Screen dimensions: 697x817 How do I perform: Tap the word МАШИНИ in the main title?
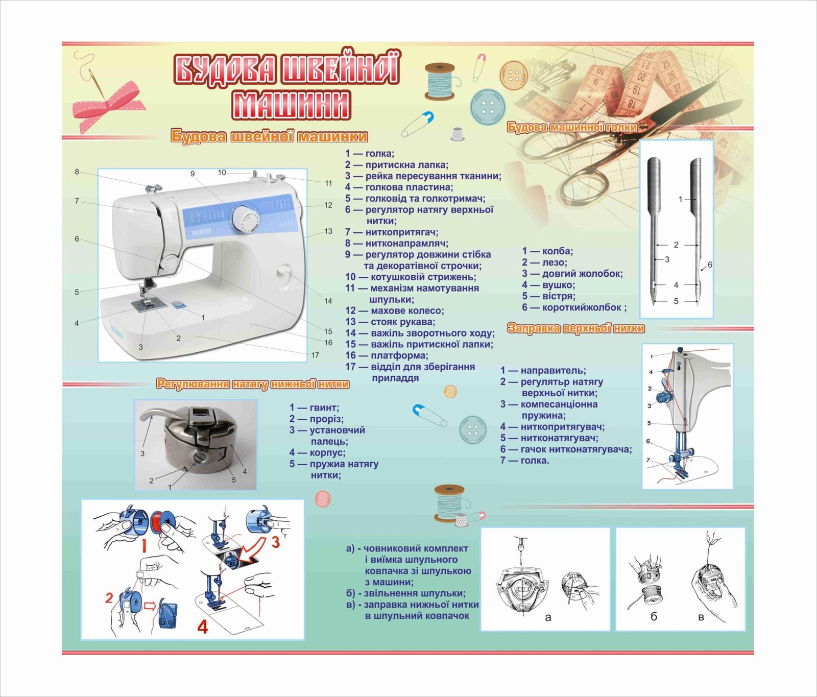point(291,105)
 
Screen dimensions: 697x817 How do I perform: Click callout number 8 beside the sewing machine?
point(77,172)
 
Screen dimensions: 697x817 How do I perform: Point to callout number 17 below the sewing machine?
point(315,355)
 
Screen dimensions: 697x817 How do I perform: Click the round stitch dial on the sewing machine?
point(246,219)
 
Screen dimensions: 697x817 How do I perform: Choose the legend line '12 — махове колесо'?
point(394,310)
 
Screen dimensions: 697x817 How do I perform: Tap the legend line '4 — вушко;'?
point(548,285)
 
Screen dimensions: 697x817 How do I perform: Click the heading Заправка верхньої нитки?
point(576,328)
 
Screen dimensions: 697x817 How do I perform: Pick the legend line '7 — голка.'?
point(524,461)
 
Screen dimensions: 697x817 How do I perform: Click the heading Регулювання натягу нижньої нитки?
point(253,384)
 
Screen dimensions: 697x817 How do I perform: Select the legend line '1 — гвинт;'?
point(314,407)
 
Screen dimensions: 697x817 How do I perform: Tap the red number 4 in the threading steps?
point(203,626)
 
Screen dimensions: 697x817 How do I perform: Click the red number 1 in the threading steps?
point(145,546)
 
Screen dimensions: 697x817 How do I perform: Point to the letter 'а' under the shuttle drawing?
point(548,617)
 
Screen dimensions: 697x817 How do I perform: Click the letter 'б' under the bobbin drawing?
point(654,617)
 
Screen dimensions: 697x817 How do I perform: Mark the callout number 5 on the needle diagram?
point(676,301)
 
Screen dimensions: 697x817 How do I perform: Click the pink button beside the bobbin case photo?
point(322,498)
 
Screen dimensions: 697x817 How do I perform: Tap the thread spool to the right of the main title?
point(439,81)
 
